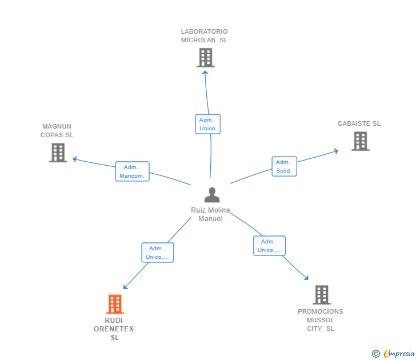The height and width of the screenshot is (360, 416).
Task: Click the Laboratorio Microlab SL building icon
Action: (206, 58)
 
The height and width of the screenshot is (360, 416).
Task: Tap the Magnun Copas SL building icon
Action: (58, 153)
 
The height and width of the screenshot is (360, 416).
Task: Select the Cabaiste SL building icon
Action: (360, 141)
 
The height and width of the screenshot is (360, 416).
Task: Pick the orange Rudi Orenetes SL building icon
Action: (115, 304)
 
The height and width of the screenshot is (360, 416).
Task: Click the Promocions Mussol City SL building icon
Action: (322, 295)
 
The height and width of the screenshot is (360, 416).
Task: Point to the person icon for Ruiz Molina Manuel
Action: (212, 195)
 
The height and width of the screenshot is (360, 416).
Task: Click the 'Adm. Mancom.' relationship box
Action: (133, 171)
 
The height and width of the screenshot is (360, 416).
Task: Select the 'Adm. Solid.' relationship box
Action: (284, 166)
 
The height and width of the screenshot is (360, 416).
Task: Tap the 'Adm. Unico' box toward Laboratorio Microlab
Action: (207, 124)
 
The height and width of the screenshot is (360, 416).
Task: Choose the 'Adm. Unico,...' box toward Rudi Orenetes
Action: (157, 253)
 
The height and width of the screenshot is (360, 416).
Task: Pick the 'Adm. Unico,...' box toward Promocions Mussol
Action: (269, 246)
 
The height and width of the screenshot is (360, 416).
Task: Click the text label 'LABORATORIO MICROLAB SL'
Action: (204, 36)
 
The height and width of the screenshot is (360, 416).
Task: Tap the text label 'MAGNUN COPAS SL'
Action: (57, 131)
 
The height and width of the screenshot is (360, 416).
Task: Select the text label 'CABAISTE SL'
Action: (359, 123)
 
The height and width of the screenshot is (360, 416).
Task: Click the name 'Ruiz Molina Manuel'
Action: (210, 214)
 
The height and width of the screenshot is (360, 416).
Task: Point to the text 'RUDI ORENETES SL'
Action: (114, 329)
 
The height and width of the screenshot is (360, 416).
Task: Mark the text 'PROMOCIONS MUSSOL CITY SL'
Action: (321, 320)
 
